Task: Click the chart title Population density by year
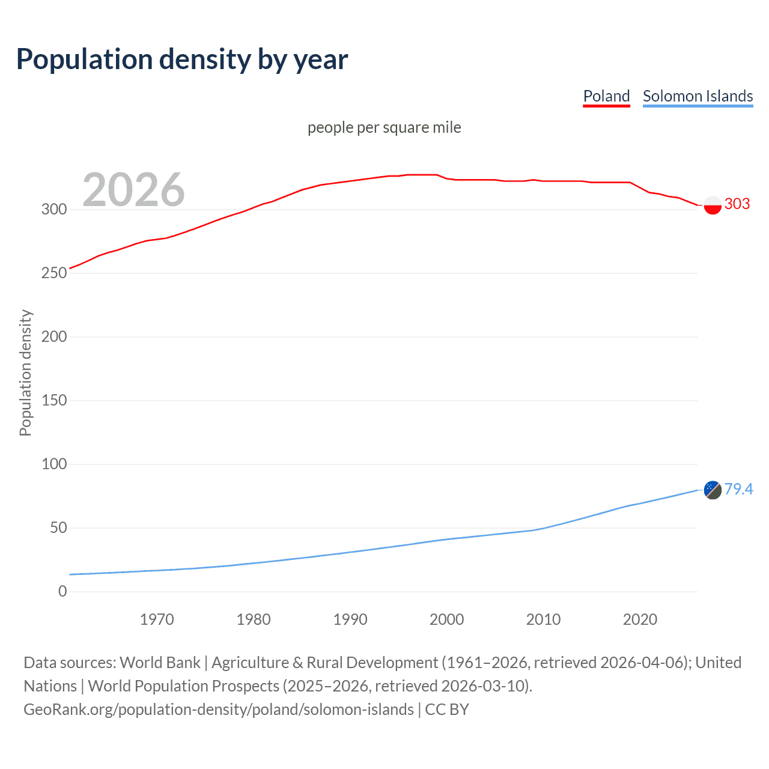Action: click(x=182, y=59)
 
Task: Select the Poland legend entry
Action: click(x=606, y=96)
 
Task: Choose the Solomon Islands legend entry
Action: click(x=698, y=96)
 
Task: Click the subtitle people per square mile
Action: click(x=384, y=127)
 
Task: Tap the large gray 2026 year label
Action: click(x=133, y=190)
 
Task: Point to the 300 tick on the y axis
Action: click(x=54, y=210)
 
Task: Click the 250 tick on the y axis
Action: click(x=54, y=273)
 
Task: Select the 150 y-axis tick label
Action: click(x=54, y=401)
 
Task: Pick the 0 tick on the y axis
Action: click(x=62, y=592)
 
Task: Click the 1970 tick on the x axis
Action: click(x=157, y=619)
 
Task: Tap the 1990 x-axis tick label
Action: click(x=350, y=619)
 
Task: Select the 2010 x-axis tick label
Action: click(x=543, y=619)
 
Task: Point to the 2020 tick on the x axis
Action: click(x=640, y=619)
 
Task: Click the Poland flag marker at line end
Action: click(x=713, y=205)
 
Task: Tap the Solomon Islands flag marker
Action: click(x=713, y=490)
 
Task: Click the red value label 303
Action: click(x=737, y=204)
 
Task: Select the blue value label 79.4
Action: click(x=738, y=490)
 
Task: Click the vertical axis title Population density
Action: click(x=25, y=372)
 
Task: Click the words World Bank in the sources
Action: click(x=160, y=663)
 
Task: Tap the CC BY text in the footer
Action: click(x=447, y=710)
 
